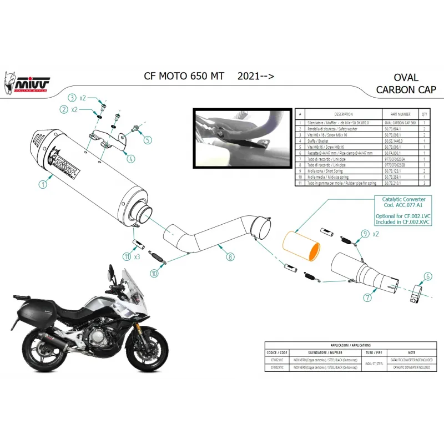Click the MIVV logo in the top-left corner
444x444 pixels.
[32, 82]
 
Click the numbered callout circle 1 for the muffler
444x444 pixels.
[42, 182]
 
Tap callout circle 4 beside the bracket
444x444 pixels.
[130, 159]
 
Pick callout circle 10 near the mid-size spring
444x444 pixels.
[154, 273]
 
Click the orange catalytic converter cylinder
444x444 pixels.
[302, 245]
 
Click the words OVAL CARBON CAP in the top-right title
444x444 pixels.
[406, 83]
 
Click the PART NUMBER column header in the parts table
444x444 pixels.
[396, 113]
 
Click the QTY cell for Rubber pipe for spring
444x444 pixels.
[425, 183]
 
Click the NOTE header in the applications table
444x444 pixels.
[411, 352]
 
